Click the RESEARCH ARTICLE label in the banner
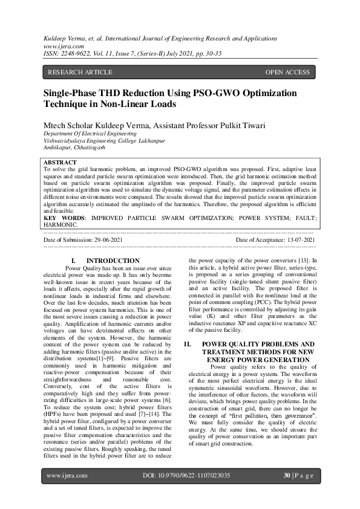pos(80,73)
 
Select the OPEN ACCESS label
pos(287,73)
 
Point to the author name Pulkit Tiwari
pos(229,126)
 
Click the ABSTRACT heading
pos(61,163)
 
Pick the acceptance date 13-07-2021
pos(296,240)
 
